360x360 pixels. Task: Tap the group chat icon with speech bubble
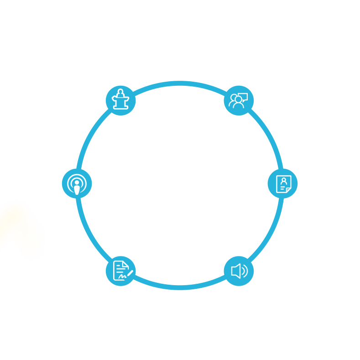pyautogui.click(x=239, y=100)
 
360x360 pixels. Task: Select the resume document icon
pyautogui.click(x=282, y=184)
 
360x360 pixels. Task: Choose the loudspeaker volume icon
pyautogui.click(x=239, y=271)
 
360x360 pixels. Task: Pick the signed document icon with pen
pyautogui.click(x=121, y=271)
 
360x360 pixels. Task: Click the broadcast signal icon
pyautogui.click(x=77, y=184)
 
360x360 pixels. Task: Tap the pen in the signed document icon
pyautogui.click(x=130, y=273)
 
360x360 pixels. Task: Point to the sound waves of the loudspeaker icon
pyautogui.click(x=245, y=271)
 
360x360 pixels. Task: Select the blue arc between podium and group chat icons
pyautogui.click(x=180, y=83)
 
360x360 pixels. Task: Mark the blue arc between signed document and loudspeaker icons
pyautogui.click(x=180, y=287)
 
